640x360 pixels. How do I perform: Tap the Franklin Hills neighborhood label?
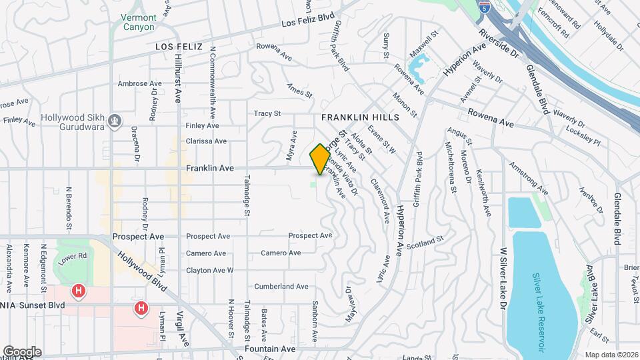(360, 117)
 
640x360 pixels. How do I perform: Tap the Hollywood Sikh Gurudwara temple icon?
(116, 121)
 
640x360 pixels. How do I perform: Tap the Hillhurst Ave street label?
(178, 77)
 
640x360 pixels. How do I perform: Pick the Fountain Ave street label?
(269, 349)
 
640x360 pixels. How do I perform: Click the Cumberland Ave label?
(281, 287)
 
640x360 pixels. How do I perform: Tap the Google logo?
(22, 351)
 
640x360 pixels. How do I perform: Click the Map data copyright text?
(611, 355)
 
